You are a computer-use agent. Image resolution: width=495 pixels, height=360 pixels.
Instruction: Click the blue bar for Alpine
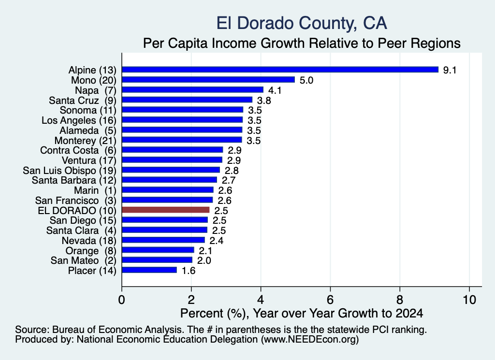pyautogui.click(x=280, y=70)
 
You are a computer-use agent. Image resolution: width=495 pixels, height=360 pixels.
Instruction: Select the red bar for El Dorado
pyautogui.click(x=165, y=210)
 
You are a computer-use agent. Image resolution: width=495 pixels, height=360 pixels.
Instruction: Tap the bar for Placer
pyautogui.click(x=149, y=270)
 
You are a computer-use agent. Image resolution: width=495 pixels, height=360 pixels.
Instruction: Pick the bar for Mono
pyautogui.click(x=208, y=80)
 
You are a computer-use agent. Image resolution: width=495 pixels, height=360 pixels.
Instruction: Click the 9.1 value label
pyautogui.click(x=450, y=70)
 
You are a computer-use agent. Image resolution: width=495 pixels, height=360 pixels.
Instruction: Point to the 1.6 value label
pyautogui.click(x=189, y=271)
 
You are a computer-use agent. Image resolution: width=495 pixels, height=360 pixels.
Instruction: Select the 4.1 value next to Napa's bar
pyautogui.click(x=275, y=90)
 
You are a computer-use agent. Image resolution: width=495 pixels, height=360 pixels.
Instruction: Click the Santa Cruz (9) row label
pyautogui.click(x=83, y=101)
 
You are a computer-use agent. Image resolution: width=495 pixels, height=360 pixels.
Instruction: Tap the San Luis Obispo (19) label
pyautogui.click(x=70, y=171)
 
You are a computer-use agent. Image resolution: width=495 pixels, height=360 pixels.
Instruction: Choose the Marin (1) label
pyautogui.click(x=95, y=190)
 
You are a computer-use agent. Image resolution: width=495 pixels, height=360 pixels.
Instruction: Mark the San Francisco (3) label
pyautogui.click(x=76, y=201)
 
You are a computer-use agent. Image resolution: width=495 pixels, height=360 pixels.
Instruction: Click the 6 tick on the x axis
pyautogui.click(x=330, y=300)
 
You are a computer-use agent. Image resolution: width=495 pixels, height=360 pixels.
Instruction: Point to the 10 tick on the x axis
pyautogui.click(x=469, y=300)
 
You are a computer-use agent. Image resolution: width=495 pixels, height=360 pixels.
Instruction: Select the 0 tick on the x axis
pyautogui.click(x=121, y=300)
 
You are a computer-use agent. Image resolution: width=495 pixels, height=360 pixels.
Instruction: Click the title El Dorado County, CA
pyautogui.click(x=302, y=23)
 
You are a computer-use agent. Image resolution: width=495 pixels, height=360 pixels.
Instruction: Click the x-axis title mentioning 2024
pyautogui.click(x=302, y=313)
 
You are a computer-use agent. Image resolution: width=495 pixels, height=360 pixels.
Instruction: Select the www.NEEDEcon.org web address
pyautogui.click(x=309, y=340)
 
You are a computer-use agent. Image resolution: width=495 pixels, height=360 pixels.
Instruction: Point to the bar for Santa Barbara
pyautogui.click(x=170, y=180)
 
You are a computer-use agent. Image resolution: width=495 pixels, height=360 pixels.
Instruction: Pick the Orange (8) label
pyautogui.click(x=91, y=250)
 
